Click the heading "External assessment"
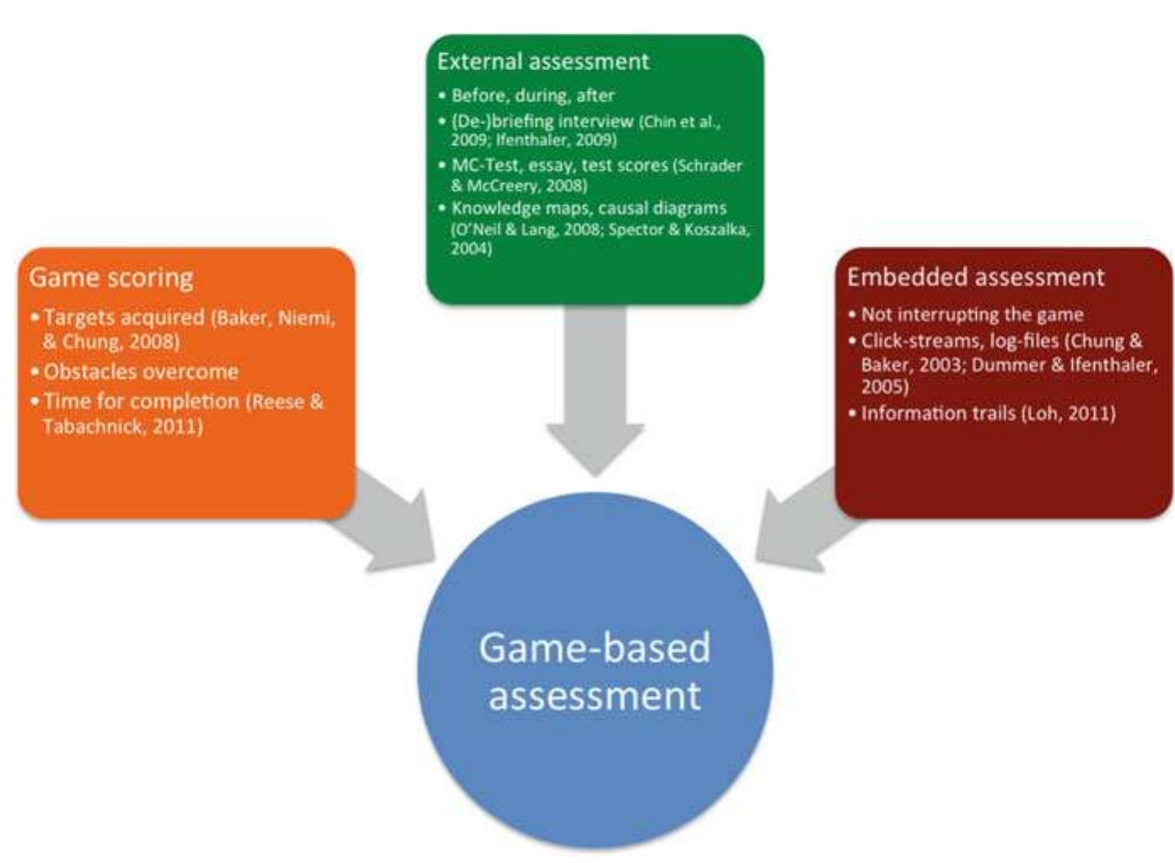pos(543,62)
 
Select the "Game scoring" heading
pos(111,278)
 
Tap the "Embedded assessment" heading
pos(975,278)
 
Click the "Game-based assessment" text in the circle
pos(595,672)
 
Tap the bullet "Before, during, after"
pos(533,95)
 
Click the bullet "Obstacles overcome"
pos(141,372)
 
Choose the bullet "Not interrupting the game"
pos(972,315)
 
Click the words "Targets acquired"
pos(124,318)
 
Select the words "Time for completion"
pos(142,402)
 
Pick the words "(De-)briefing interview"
pos(542,121)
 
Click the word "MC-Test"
pos(486,165)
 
